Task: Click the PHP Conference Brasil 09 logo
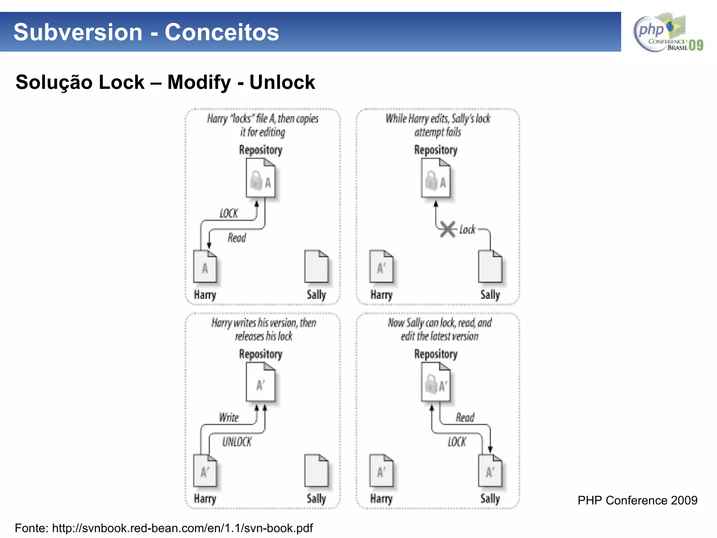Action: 668,33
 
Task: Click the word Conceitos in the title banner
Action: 222,32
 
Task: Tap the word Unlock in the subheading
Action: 282,82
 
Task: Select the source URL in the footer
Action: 182,528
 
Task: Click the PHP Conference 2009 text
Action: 637,500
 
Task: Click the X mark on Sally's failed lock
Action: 448,229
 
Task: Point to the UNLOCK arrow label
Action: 237,442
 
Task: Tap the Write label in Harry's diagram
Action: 229,418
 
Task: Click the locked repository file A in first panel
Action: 260,178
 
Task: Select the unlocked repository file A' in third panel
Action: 260,382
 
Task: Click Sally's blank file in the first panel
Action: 316,267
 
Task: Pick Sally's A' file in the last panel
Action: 490,471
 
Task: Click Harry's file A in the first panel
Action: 205,267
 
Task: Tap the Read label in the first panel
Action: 237,238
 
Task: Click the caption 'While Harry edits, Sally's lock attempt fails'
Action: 438,125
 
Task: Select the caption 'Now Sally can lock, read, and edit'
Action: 439,329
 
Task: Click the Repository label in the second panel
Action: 436,150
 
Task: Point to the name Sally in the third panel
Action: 316,498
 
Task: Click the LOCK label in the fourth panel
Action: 457,442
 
